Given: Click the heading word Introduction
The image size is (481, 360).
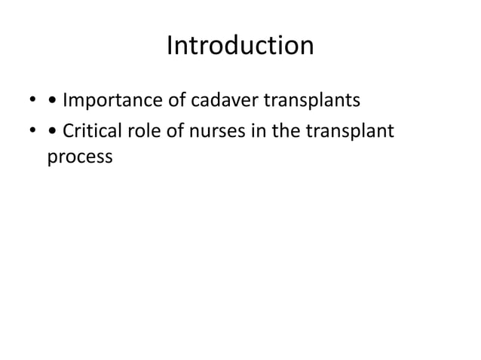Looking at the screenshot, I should tap(240, 47).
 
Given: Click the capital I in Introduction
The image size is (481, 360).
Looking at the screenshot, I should tap(169, 47).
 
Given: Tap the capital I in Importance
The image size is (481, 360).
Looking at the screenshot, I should tap(65, 100).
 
